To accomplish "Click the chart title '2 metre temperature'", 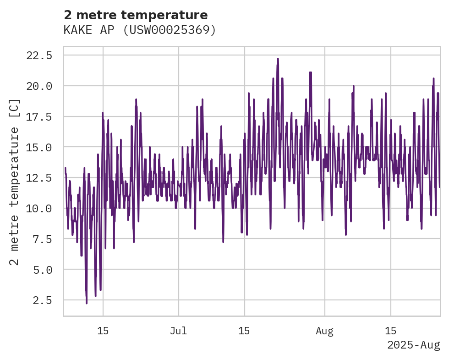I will [136, 15].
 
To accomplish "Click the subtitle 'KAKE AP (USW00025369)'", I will [140, 30].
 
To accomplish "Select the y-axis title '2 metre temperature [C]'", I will [15, 182].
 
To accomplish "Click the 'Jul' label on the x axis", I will [178, 331].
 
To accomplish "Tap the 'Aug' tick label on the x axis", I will [324, 331].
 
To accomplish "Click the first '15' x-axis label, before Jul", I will [103, 331].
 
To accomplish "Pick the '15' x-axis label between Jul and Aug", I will [244, 331].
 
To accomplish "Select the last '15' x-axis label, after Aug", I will [390, 331].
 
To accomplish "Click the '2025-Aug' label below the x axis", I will [413, 345].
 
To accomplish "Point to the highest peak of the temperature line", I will [278, 59].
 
